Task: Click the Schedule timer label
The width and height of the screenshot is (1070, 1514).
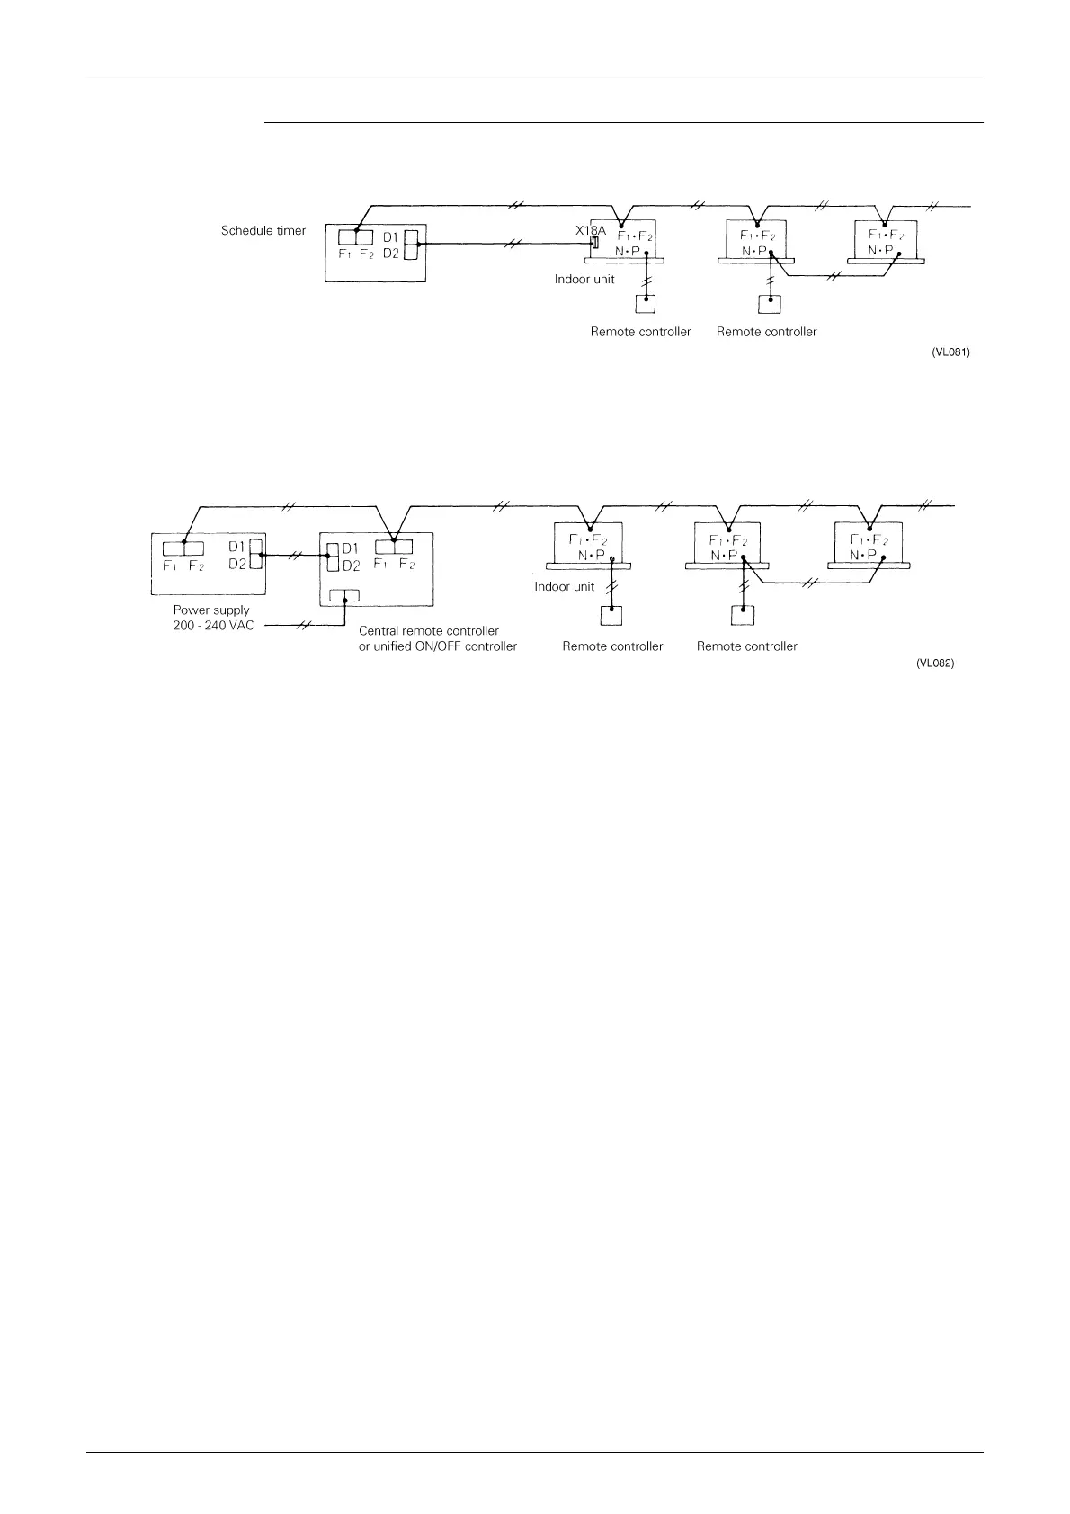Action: click(x=263, y=231)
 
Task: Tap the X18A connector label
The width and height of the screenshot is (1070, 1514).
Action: click(x=591, y=230)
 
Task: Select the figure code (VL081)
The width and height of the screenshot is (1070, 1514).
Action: click(x=950, y=352)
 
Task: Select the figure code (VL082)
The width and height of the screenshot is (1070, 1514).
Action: click(x=935, y=663)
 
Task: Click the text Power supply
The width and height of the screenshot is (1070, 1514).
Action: click(x=211, y=610)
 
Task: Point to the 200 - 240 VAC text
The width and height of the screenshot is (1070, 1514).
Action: click(x=214, y=626)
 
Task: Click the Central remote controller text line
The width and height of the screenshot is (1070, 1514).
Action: click(x=429, y=631)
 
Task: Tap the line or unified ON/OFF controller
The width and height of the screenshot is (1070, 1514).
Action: click(x=438, y=646)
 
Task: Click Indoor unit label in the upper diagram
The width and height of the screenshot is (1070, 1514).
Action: click(x=584, y=279)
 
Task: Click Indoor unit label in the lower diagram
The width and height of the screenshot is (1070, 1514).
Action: click(x=565, y=587)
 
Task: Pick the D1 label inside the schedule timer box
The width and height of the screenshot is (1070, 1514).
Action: click(x=391, y=237)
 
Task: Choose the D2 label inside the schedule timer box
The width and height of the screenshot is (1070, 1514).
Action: click(x=391, y=254)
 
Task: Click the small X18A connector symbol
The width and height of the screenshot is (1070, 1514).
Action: click(x=594, y=244)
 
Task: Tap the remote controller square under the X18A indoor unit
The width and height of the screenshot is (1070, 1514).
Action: click(x=646, y=304)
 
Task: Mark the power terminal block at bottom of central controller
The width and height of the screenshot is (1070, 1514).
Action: click(x=344, y=595)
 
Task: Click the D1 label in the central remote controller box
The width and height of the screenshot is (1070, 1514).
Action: click(x=351, y=548)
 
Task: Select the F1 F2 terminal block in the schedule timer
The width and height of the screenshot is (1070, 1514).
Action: click(x=356, y=237)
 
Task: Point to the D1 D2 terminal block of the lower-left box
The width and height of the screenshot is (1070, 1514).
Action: click(x=254, y=555)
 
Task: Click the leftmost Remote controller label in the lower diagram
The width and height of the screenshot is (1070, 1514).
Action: click(x=612, y=646)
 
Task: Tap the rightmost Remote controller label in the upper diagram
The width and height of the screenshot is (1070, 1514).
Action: click(x=767, y=332)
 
